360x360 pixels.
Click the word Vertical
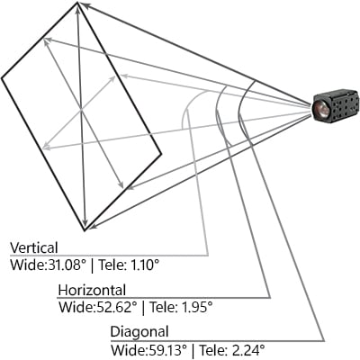(x=34, y=247)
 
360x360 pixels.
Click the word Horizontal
(x=92, y=290)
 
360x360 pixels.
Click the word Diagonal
(x=139, y=332)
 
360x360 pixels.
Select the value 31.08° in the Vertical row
(x=66, y=265)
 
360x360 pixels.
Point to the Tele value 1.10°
(x=141, y=265)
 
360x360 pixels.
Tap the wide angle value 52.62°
(x=116, y=308)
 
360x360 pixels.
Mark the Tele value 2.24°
(x=247, y=350)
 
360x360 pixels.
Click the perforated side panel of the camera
(x=344, y=104)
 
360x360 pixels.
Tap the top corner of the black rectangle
(x=77, y=3)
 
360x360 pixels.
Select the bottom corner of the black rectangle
(x=85, y=230)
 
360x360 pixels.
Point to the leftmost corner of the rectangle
(x=2, y=78)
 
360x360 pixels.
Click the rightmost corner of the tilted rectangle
(x=161, y=154)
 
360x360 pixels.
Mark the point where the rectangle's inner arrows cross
(x=81, y=111)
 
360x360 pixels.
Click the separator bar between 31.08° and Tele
(x=92, y=266)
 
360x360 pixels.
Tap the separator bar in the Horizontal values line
(x=143, y=309)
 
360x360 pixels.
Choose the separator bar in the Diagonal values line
(x=193, y=351)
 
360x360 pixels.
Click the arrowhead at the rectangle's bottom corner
(x=93, y=226)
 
